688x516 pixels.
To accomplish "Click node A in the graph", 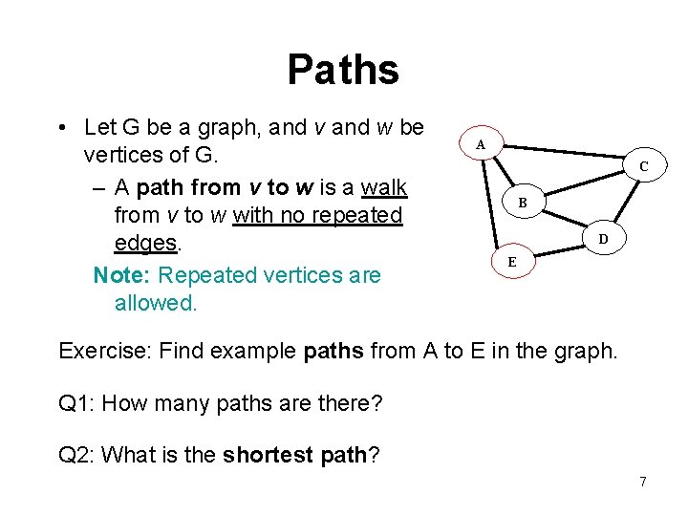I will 481,144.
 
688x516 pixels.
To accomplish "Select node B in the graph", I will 523,203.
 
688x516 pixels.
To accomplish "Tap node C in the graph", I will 644,166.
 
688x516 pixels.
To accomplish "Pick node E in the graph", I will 512,261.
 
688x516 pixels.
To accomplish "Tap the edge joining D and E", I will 558,248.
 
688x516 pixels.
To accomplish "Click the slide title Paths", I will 343,69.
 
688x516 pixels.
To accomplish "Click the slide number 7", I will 643,482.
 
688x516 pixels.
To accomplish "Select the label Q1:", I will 77,403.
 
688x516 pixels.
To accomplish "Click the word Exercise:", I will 106,351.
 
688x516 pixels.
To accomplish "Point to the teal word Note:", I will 122,275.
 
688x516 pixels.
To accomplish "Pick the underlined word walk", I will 385,185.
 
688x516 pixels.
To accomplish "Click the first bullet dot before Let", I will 60,127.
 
